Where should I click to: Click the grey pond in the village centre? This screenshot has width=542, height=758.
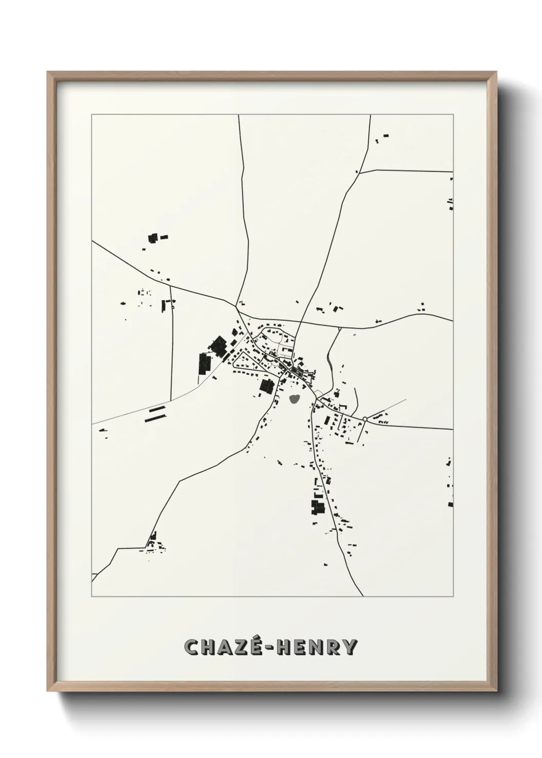[x=295, y=398]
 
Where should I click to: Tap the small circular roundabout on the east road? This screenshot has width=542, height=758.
[x=364, y=419]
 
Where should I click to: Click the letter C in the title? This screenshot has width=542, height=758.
[x=194, y=647]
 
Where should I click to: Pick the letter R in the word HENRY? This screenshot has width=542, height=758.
[x=331, y=647]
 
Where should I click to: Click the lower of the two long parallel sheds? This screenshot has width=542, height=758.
[x=155, y=417]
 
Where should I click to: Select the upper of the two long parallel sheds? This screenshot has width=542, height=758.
[x=157, y=409]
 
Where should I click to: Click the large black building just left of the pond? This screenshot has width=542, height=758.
[x=266, y=386]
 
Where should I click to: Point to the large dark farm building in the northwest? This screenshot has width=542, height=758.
[x=153, y=238]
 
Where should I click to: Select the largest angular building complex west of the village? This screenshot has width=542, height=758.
[x=220, y=347]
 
